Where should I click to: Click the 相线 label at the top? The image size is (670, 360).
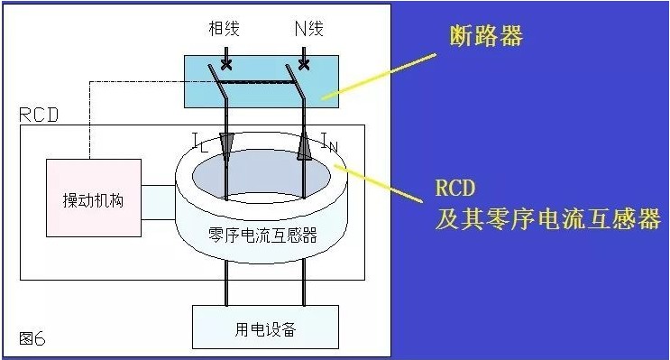point(224,28)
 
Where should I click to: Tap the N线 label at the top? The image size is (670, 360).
point(309,28)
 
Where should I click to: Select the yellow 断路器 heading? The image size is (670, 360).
point(486,36)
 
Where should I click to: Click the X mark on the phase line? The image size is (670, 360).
point(226,65)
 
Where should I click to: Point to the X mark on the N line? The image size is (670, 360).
point(304,65)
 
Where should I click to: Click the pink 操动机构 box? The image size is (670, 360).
point(94,198)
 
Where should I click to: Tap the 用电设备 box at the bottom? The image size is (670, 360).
point(265,328)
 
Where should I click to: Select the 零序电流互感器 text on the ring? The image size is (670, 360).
point(262,235)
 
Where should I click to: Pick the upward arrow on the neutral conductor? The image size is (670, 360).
point(304,146)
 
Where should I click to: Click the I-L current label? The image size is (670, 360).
point(200,143)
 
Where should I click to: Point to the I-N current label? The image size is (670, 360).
point(329,143)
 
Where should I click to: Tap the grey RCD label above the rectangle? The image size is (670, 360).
point(39,115)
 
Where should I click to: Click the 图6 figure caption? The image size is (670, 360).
point(32,338)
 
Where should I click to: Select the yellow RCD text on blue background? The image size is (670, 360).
point(455,188)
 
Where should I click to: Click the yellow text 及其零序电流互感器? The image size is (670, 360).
point(548,218)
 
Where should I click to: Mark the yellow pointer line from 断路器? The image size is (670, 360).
point(379,77)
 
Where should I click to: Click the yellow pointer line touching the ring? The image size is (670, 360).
point(379,183)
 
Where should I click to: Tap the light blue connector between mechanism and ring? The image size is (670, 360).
point(158,203)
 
